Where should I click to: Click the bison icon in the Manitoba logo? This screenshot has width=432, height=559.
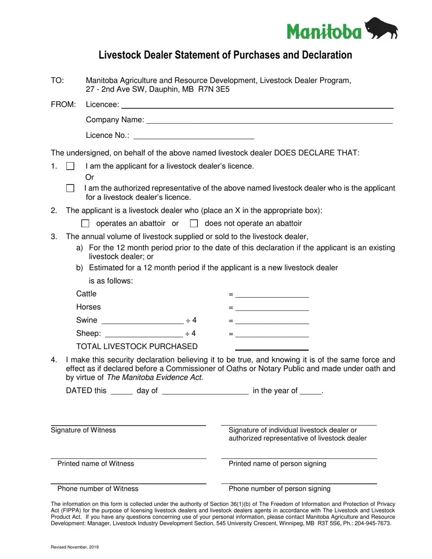(x=381, y=29)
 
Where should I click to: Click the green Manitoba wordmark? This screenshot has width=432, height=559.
(x=324, y=31)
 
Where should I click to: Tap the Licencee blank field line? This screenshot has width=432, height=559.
(x=257, y=105)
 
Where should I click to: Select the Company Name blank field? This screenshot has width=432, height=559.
(x=269, y=120)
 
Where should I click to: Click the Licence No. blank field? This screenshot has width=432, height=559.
(x=194, y=136)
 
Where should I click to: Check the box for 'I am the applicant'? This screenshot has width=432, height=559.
(x=70, y=166)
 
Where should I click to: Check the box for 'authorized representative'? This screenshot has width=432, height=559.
(x=70, y=188)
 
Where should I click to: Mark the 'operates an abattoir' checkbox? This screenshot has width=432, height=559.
(x=85, y=223)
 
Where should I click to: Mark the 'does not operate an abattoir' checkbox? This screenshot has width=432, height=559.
(x=194, y=223)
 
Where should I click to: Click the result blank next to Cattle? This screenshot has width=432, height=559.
(x=272, y=294)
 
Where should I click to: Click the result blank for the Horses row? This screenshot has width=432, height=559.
(x=272, y=308)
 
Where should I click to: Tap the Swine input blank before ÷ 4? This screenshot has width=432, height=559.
(x=142, y=321)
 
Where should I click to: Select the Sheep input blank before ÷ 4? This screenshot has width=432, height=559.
(x=144, y=334)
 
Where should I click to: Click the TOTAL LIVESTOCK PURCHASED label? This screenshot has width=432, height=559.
(x=137, y=347)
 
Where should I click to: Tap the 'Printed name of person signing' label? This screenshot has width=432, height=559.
(x=277, y=464)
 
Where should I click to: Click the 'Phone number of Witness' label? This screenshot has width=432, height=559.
(x=98, y=489)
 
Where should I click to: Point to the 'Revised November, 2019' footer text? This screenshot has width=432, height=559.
(x=75, y=547)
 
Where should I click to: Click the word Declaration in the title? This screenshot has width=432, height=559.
(x=323, y=55)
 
